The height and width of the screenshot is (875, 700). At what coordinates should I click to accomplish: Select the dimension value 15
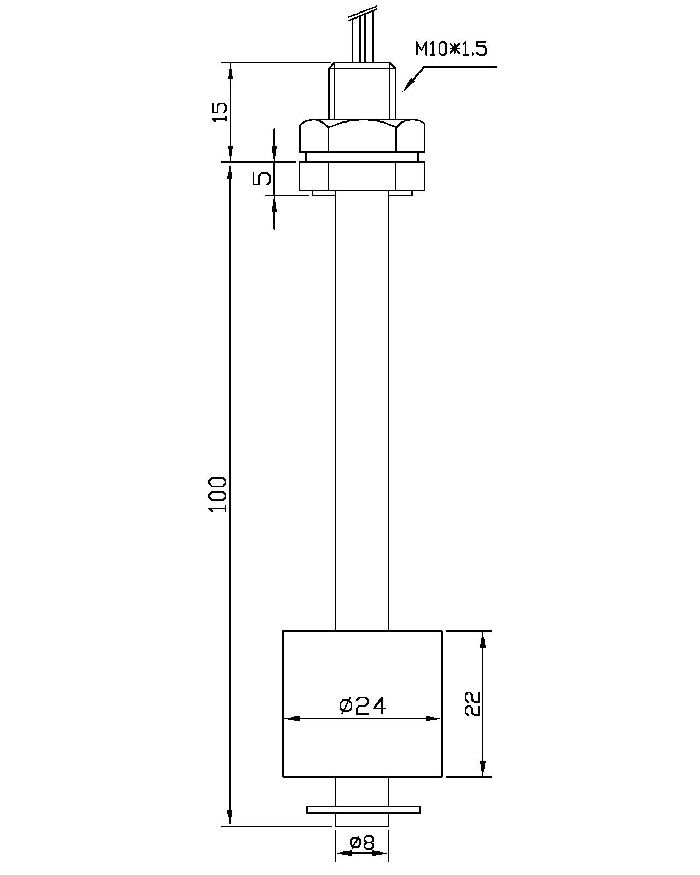coord(220,112)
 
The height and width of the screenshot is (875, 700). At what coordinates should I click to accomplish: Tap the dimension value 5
coord(261,178)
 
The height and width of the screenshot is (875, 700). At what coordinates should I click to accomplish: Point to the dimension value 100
coord(218,500)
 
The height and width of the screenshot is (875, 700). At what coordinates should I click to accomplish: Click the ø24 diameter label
coord(362,706)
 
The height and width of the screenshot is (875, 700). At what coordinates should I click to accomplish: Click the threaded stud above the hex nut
coord(362,92)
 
